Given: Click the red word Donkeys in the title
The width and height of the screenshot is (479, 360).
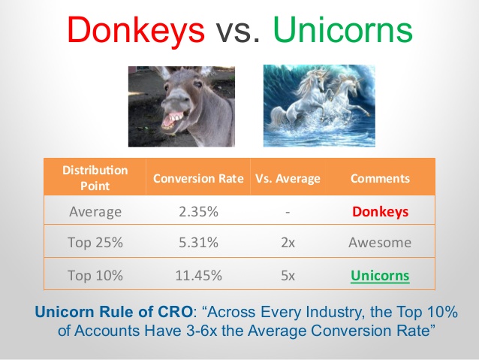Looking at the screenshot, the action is tap(136, 31).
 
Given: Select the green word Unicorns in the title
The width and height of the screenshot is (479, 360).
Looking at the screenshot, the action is tap(343, 29).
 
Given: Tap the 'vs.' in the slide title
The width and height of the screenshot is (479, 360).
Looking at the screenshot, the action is tap(238, 32).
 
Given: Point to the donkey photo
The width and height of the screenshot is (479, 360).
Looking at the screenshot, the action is tap(182, 107).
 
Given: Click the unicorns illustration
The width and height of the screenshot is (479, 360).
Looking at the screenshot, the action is tap(319, 106).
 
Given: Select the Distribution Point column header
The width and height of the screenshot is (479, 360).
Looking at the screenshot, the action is tap(95, 177).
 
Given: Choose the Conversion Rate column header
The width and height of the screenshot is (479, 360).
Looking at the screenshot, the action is tap(198, 178).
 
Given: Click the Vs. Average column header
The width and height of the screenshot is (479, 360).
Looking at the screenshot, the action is tap(288, 178).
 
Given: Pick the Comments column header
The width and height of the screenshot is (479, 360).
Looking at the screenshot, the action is tap(380, 178).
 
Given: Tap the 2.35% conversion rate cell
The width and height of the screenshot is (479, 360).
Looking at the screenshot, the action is tap(198, 212).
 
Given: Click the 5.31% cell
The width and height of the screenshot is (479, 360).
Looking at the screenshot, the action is tap(198, 243).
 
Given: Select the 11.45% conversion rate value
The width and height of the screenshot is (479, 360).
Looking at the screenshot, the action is tap(198, 275).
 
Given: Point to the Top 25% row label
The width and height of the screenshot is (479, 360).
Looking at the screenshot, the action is tap(95, 243).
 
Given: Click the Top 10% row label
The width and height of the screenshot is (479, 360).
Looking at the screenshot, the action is tap(95, 275).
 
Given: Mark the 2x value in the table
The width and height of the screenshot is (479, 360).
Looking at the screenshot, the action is tap(288, 243).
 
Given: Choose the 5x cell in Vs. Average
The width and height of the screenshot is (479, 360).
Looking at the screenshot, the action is tap(288, 276).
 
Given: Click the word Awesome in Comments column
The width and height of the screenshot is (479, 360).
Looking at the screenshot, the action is tap(380, 243).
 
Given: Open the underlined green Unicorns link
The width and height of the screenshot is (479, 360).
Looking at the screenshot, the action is tap(380, 276).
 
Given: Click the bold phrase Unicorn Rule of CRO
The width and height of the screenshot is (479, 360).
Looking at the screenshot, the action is tap(113, 312).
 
